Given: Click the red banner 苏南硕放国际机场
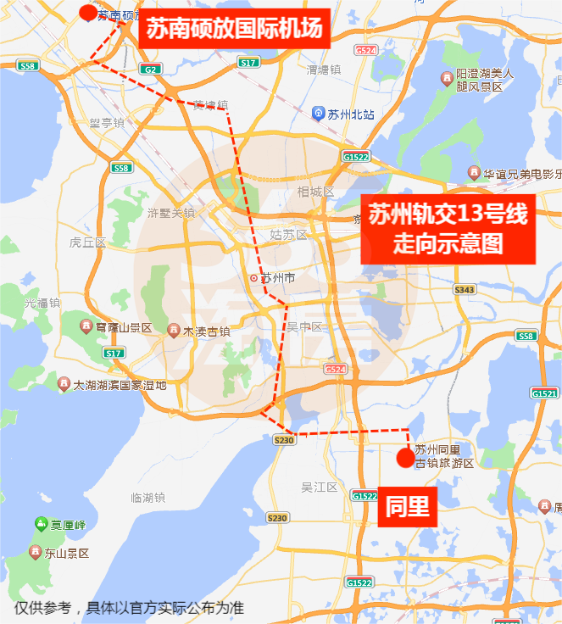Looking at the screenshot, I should [x=234, y=29].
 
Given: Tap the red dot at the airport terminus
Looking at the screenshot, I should [x=88, y=12].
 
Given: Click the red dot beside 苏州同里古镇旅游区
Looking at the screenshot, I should [x=406, y=458].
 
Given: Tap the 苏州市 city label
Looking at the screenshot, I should [x=276, y=278].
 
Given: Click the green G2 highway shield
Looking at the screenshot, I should [x=150, y=70].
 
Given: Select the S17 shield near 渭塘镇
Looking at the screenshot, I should [x=248, y=63].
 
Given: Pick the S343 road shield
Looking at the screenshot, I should [x=465, y=290].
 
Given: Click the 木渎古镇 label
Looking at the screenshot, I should [x=205, y=331].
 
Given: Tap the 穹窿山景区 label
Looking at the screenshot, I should [x=122, y=327].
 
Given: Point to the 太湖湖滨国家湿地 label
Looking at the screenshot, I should [x=119, y=385].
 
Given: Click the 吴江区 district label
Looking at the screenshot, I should [x=320, y=487].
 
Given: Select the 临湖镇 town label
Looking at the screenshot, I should [x=148, y=498].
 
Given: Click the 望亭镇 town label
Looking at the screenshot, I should [x=107, y=123].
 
